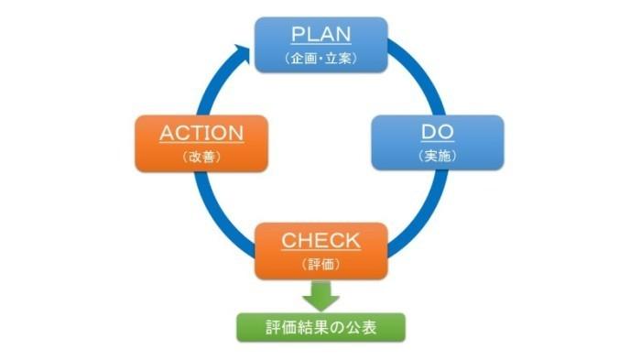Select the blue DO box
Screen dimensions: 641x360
[x=437, y=142]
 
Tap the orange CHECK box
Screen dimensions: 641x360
[x=320, y=249]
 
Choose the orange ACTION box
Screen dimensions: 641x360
[x=201, y=142]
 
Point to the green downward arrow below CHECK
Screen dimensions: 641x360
[x=320, y=296]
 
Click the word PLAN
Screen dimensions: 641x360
[x=320, y=35]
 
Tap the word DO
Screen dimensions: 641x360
[x=437, y=132]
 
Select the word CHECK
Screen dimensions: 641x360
[x=320, y=240]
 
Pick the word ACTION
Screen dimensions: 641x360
[x=201, y=132]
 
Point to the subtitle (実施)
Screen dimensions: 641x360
[x=437, y=157]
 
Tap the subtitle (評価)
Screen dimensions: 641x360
[x=320, y=264]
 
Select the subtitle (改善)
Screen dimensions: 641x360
[x=201, y=157]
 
